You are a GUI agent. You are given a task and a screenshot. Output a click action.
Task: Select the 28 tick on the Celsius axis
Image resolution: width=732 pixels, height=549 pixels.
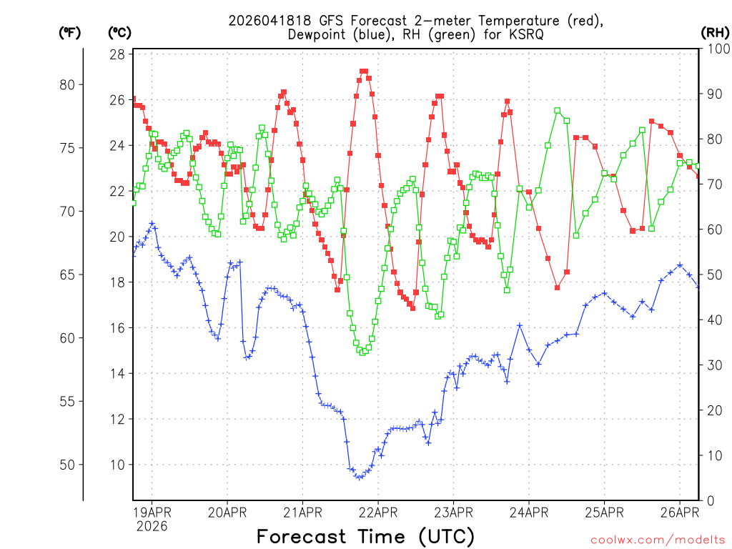click(x=118, y=54)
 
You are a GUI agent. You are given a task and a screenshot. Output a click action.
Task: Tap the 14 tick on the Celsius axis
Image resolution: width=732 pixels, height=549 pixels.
click(x=118, y=374)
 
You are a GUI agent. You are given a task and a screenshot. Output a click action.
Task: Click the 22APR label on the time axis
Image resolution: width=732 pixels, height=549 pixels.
click(x=377, y=512)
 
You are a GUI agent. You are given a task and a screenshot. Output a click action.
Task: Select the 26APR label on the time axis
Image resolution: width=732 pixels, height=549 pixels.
click(x=679, y=512)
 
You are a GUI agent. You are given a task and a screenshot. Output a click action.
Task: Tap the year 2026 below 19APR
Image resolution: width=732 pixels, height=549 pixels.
click(x=152, y=526)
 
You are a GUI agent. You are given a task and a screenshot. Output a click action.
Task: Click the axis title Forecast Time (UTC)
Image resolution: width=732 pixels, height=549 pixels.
click(x=365, y=536)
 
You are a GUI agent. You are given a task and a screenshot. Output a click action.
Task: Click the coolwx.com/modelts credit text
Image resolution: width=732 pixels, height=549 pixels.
click(x=658, y=540)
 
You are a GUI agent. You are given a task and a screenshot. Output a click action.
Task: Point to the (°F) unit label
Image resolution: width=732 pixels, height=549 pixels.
click(x=69, y=32)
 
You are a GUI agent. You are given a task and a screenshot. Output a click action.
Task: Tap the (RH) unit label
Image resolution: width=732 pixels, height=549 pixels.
click(x=714, y=32)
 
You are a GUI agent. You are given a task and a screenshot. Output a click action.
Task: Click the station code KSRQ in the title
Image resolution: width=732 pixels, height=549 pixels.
click(x=526, y=34)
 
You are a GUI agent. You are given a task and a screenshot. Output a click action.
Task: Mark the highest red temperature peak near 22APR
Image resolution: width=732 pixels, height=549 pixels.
click(x=364, y=71)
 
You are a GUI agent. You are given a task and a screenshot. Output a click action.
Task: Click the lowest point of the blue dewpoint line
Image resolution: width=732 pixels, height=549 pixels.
click(x=358, y=477)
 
